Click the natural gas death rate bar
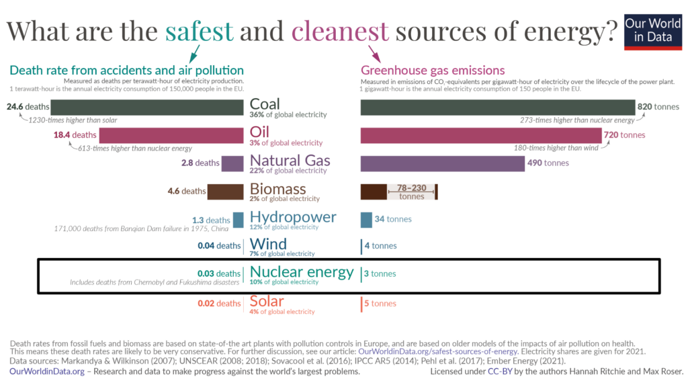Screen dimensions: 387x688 pyautogui.click(x=232, y=163)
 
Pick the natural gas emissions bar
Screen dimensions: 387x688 pyautogui.click(x=442, y=163)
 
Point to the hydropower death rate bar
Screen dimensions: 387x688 pyautogui.click(x=239, y=220)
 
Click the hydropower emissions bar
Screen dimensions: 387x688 pyautogui.click(x=366, y=220)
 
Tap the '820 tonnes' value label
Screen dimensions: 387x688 pyautogui.click(x=658, y=107)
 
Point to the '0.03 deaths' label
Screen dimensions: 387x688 pyautogui.click(x=218, y=273)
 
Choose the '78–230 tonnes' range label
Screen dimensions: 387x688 pyautogui.click(x=412, y=191)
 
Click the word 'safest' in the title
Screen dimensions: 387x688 pyautogui.click(x=200, y=31)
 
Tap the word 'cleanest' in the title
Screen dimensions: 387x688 pyautogui.click(x=340, y=31)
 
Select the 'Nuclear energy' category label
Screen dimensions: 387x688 pyautogui.click(x=302, y=272)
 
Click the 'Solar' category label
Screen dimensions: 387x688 pyautogui.click(x=267, y=300)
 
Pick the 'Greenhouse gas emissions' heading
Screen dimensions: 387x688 pyautogui.click(x=433, y=71)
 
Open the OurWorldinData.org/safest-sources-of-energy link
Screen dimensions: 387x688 pyautogui.click(x=438, y=351)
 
